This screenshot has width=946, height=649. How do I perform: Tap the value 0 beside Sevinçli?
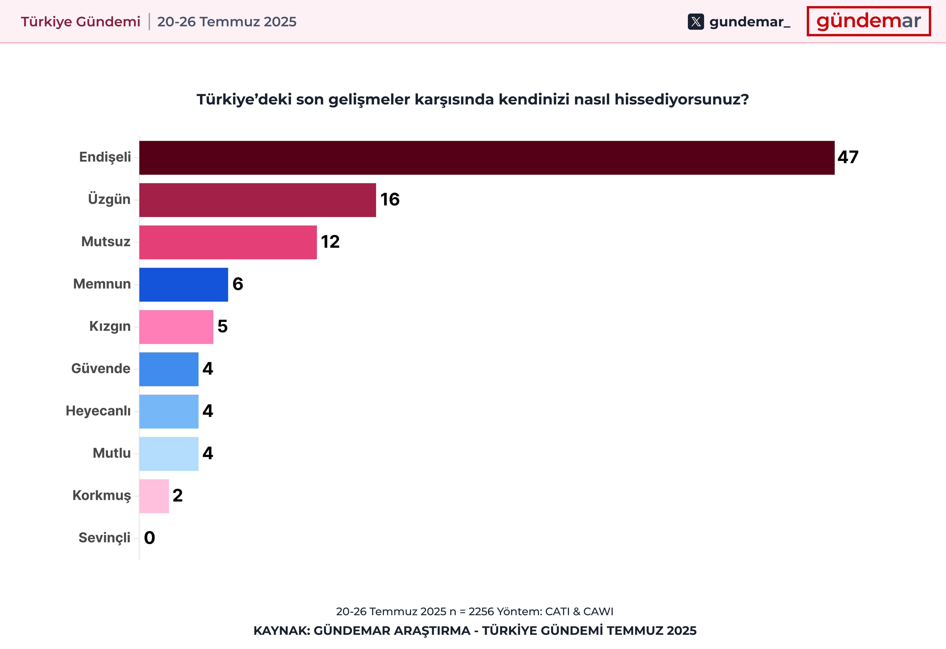tap(149, 538)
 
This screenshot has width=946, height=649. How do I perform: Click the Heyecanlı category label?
tap(98, 411)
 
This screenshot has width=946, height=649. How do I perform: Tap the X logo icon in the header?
tap(696, 22)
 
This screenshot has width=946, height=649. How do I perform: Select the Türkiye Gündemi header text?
tap(81, 22)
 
